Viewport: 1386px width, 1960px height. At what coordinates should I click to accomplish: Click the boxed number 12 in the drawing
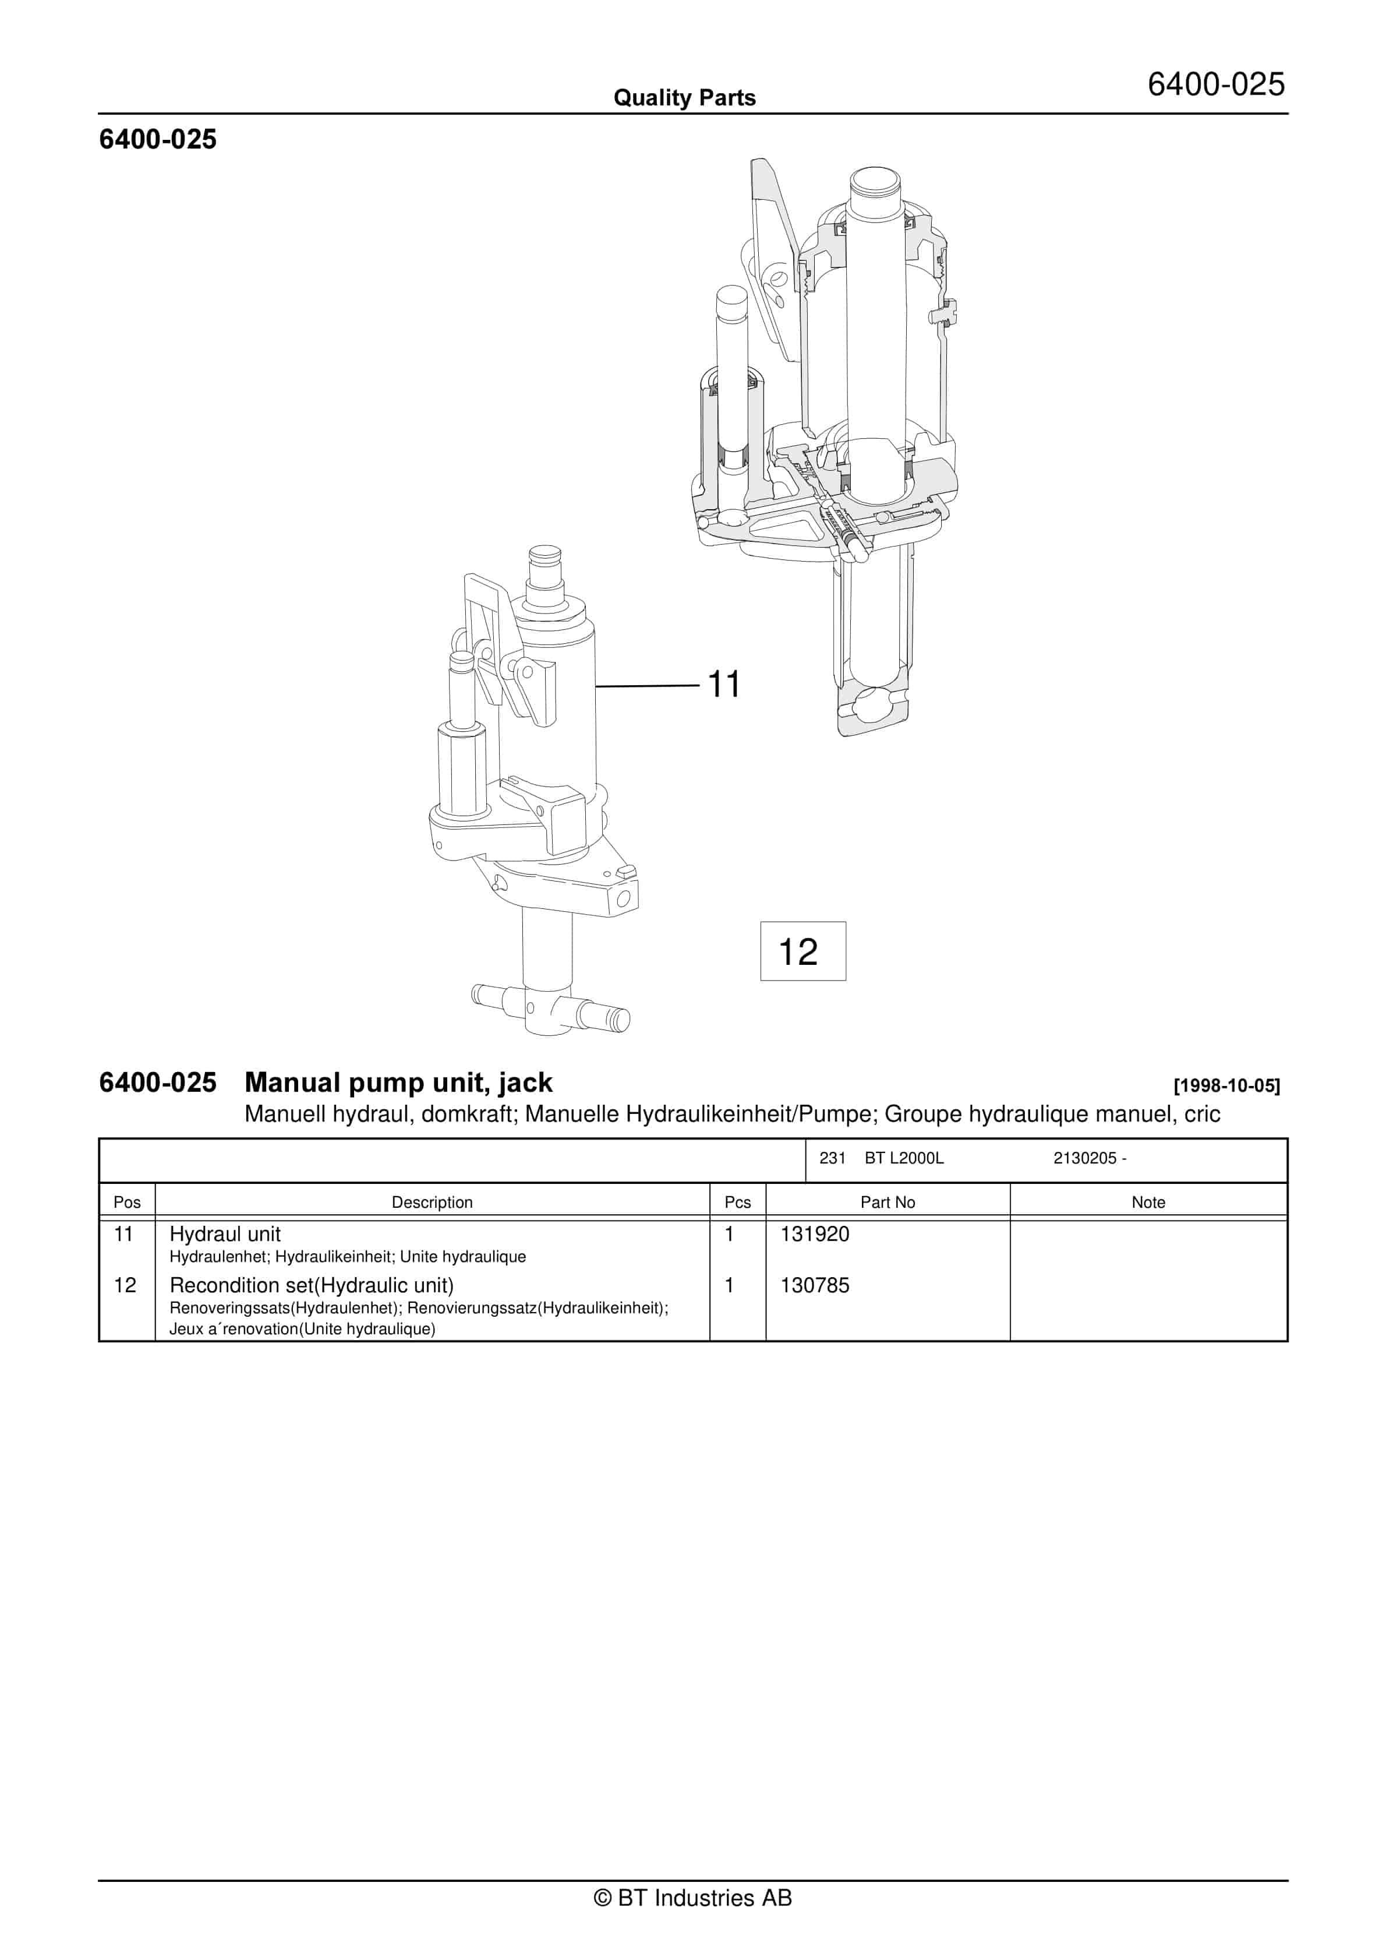pos(798,952)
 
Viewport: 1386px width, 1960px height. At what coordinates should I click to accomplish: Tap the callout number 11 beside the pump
pos(724,685)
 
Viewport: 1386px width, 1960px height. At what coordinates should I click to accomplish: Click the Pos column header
pos(127,1202)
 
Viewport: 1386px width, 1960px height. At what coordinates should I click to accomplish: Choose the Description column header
pos(432,1202)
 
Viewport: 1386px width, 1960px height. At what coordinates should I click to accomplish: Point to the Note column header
pos(1148,1202)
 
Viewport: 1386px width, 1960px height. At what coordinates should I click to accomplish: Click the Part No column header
pos(888,1202)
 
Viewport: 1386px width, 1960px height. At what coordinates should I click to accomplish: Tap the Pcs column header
pos(737,1202)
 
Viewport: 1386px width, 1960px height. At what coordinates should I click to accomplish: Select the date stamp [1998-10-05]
pos(1226,1086)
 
